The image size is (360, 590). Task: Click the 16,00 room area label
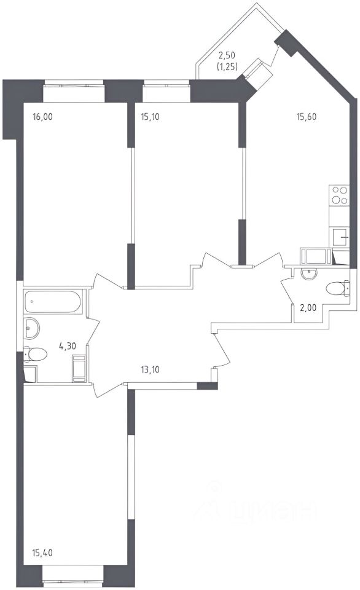[43, 117]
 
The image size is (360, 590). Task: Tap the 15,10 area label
[150, 117]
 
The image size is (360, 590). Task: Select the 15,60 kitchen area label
[307, 117]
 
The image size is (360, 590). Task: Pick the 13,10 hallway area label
[150, 370]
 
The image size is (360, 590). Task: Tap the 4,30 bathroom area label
[68, 346]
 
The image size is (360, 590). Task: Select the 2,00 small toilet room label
[308, 308]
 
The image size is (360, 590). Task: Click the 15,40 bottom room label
[42, 553]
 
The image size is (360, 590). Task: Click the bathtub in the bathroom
[53, 301]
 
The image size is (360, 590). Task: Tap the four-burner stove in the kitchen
[339, 195]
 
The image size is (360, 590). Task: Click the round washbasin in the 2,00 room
[309, 274]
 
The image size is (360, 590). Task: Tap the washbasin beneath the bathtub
[31, 328]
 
